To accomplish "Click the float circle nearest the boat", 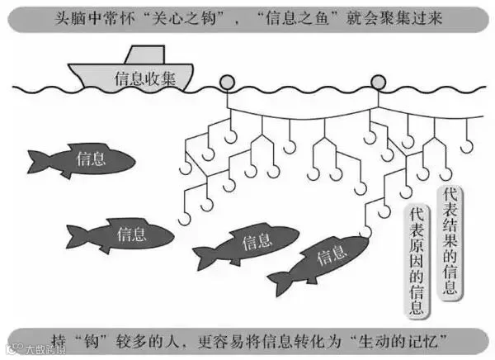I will (224, 83).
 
